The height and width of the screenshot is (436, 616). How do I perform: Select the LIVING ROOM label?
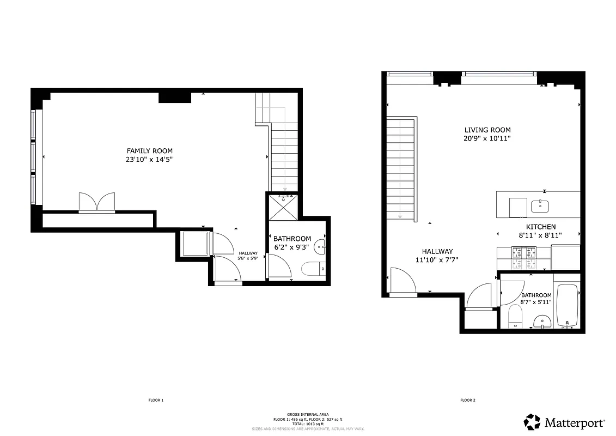[x=487, y=130]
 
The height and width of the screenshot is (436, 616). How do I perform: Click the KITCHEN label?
[x=540, y=227]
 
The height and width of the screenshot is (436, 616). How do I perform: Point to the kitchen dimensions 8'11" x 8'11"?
[x=540, y=235]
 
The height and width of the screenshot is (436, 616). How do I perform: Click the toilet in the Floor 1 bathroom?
[x=313, y=269]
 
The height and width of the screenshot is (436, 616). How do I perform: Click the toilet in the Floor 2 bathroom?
[x=515, y=316]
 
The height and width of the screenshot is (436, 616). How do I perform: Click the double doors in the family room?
[x=97, y=202]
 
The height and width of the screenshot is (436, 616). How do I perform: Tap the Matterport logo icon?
[x=532, y=422]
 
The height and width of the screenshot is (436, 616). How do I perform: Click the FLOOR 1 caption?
[x=156, y=401]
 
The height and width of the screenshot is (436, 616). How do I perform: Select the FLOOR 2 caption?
[x=468, y=401]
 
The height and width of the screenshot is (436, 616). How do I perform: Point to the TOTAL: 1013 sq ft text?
[x=308, y=423]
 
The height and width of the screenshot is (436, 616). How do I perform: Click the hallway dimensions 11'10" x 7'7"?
[x=436, y=260]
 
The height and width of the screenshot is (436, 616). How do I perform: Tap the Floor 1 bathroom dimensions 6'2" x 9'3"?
[x=292, y=247]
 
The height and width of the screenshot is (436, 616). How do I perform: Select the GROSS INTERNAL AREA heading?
[x=308, y=415]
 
